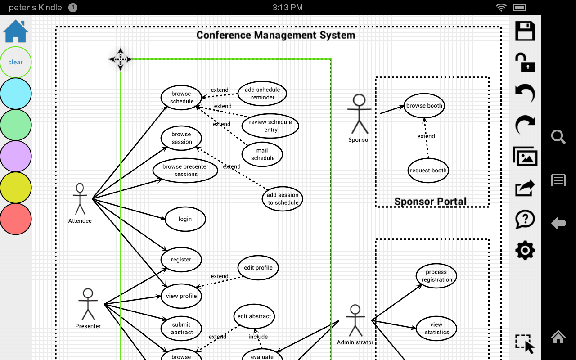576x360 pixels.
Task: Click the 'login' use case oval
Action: pyautogui.click(x=185, y=219)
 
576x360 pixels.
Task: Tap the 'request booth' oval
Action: pyautogui.click(x=428, y=171)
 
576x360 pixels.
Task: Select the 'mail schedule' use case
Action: pyautogui.click(x=262, y=154)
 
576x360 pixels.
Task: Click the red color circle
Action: pyautogui.click(x=16, y=219)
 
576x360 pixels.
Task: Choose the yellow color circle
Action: pyautogui.click(x=16, y=188)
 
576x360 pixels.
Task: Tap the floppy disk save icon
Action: pyautogui.click(x=525, y=31)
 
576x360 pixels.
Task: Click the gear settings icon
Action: pyautogui.click(x=525, y=250)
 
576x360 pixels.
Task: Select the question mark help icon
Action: pyautogui.click(x=525, y=220)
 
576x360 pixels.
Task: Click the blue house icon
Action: pyautogui.click(x=16, y=31)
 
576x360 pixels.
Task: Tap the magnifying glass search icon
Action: pyautogui.click(x=558, y=137)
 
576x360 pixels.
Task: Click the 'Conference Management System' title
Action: pyautogui.click(x=276, y=35)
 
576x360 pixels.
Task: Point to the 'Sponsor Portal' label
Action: pyautogui.click(x=430, y=201)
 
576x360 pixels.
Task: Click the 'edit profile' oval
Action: pyautogui.click(x=258, y=268)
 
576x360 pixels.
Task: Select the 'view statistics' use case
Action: pyautogui.click(x=436, y=328)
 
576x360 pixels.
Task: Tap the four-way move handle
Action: pyautogui.click(x=120, y=59)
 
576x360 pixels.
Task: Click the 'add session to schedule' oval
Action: pyautogui.click(x=283, y=199)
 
